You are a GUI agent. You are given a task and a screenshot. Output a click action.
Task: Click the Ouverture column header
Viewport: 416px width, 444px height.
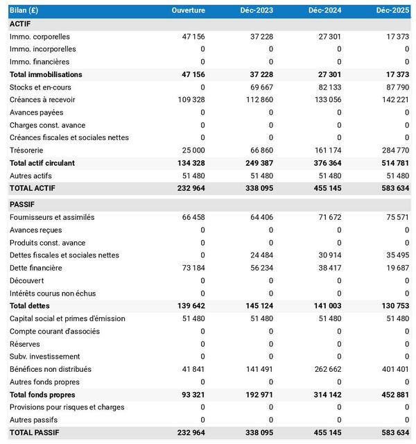point(188,10)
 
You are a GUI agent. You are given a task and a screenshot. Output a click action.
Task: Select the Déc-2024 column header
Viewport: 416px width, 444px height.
point(324,10)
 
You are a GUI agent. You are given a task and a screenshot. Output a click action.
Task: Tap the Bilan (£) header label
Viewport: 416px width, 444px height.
point(24,10)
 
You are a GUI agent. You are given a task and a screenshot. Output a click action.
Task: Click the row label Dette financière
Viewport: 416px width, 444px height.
point(36,268)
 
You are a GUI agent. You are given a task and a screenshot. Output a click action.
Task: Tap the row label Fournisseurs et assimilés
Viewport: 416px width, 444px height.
point(52,217)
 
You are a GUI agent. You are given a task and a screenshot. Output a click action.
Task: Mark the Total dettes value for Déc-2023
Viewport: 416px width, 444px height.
point(257,306)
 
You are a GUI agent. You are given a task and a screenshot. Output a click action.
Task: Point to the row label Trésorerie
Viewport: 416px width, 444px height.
point(27,150)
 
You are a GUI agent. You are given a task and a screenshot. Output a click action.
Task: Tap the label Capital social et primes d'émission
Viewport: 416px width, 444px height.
point(67,318)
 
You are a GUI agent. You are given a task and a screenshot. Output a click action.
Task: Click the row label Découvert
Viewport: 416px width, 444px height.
point(27,280)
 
